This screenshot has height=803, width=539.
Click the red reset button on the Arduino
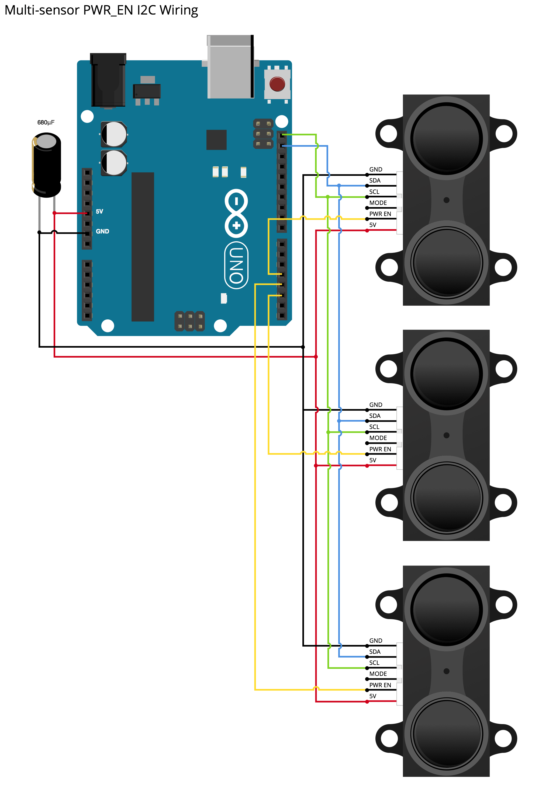(x=277, y=84)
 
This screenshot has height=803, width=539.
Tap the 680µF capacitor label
(x=46, y=123)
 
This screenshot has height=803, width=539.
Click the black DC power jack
(x=108, y=81)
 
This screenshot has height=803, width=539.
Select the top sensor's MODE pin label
(x=378, y=203)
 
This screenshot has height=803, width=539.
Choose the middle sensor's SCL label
(x=374, y=427)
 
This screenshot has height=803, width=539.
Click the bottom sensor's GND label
(x=376, y=641)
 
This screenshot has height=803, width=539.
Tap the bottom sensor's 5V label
(x=373, y=696)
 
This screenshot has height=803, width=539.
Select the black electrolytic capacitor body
(x=47, y=165)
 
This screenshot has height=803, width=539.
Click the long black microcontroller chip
(x=143, y=247)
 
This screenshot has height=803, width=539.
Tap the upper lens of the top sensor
(x=446, y=138)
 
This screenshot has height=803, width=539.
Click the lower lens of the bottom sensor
(x=446, y=733)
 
